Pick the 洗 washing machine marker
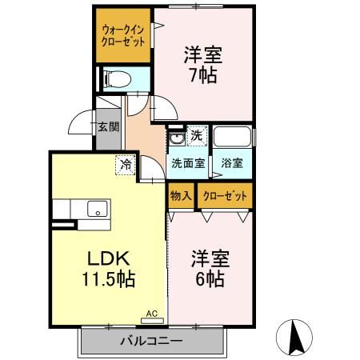197,136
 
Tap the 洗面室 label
188,162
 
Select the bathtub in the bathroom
233,137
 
